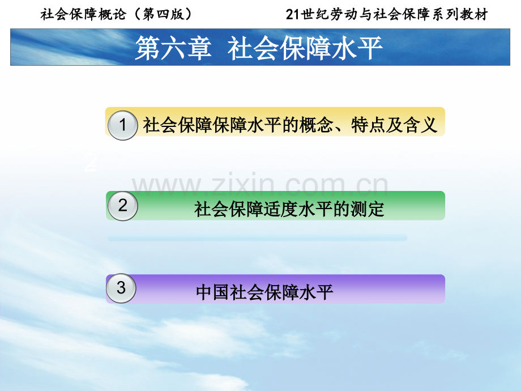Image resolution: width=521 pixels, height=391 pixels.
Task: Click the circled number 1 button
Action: pos(123,125)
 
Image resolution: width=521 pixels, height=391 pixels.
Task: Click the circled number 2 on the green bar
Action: pos(123,206)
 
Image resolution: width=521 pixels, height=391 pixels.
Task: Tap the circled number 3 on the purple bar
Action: pos(121,288)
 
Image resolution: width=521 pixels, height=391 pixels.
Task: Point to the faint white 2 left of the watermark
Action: pos(91,163)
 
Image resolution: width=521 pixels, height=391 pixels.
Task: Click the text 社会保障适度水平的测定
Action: pos(289,209)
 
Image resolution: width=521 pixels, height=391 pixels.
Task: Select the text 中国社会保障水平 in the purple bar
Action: pos(264,292)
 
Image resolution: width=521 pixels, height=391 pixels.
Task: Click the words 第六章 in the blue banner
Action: pos(173,49)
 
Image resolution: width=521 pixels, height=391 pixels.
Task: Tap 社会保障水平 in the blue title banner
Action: pos(305,49)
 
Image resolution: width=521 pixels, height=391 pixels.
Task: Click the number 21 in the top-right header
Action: pos(293,15)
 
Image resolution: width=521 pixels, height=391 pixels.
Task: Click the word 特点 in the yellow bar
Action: pos(368,125)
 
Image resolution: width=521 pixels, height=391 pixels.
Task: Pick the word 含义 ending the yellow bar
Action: pos(420,125)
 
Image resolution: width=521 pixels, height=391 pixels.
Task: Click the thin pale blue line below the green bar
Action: pos(258,237)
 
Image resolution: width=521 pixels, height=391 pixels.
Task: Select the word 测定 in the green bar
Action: pos(368,209)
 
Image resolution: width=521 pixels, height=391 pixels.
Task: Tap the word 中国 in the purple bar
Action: pos(213,292)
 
